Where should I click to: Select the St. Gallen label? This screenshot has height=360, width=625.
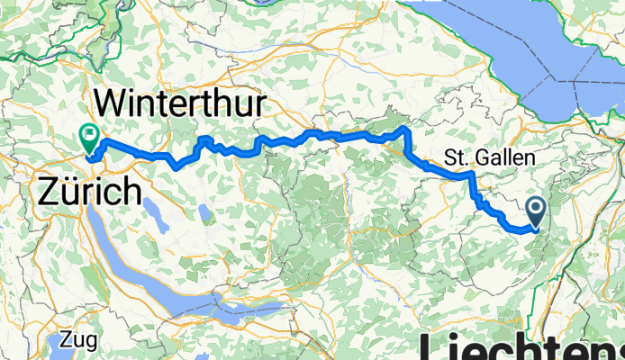coord(490,158)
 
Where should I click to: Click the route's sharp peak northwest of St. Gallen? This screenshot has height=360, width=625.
coord(406,130)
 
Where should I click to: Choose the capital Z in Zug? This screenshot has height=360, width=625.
coord(68,341)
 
